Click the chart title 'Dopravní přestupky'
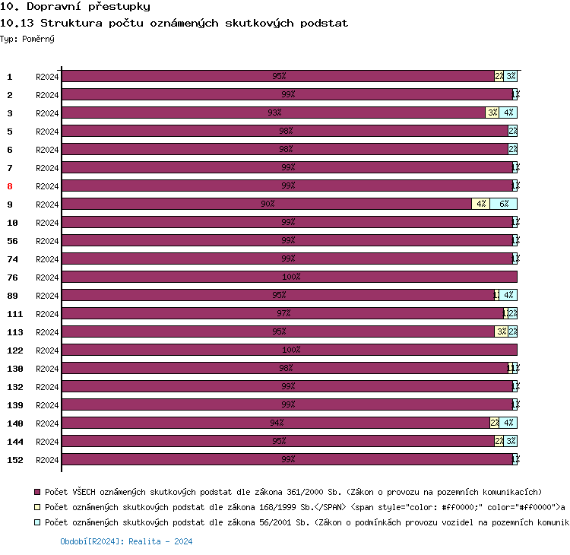point(75,7)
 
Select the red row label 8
point(10,186)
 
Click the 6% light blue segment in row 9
point(503,204)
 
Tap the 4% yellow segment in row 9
point(480,204)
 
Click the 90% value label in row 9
point(268,204)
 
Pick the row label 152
point(14,460)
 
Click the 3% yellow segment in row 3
point(492,113)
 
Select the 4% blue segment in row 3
point(508,113)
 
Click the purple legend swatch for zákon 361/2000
point(37,492)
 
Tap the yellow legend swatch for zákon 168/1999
point(37,507)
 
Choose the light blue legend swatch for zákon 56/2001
point(37,522)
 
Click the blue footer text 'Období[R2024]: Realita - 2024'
point(126,541)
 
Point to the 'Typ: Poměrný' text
point(27,38)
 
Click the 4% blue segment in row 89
point(508,295)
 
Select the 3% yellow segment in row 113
point(501,331)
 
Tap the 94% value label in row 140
point(277,423)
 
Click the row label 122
point(14,350)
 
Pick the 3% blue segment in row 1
point(511,76)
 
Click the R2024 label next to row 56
point(47,241)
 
